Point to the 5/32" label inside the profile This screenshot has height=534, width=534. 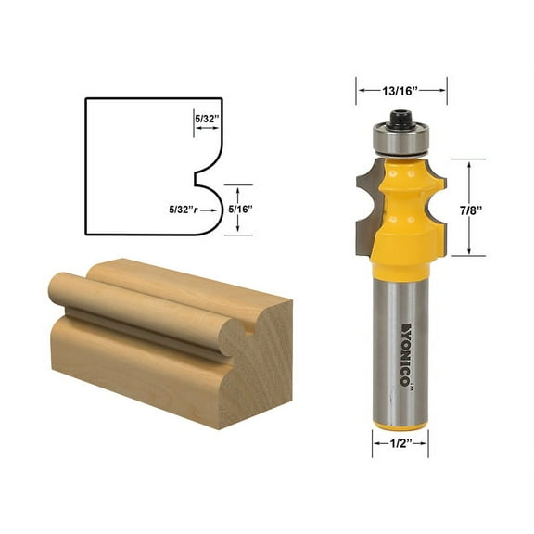207,118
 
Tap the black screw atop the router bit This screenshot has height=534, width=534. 400,119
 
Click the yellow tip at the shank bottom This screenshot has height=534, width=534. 400,426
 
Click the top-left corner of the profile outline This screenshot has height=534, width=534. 85,98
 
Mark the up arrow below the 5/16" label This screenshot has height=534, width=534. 237,230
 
